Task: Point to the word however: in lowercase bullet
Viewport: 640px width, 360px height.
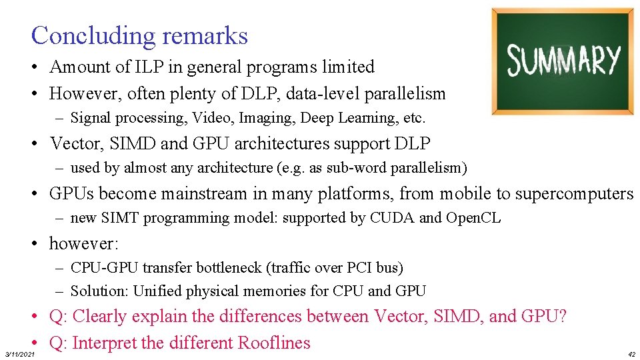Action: pos(83,243)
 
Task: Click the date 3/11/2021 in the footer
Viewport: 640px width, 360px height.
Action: pos(19,354)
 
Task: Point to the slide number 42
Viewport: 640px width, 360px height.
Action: pos(631,354)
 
